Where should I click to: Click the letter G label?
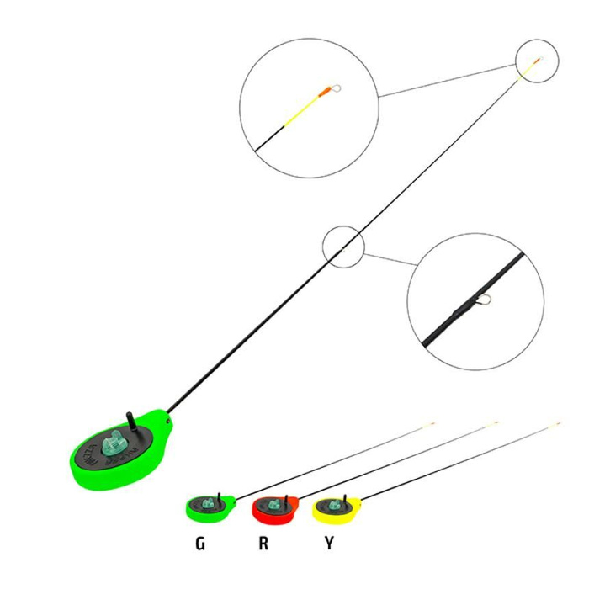tap(200, 544)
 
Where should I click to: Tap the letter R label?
tap(264, 544)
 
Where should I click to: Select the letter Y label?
tap(329, 544)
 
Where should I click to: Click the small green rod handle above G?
tap(207, 507)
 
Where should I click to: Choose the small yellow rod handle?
tap(336, 508)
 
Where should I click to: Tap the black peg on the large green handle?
tap(130, 418)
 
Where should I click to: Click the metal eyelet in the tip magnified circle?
tap(337, 85)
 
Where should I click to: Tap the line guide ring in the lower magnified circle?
tap(482, 297)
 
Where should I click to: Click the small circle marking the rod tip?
tap(536, 61)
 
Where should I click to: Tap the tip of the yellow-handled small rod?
tap(558, 422)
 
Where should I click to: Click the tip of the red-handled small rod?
tap(496, 422)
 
